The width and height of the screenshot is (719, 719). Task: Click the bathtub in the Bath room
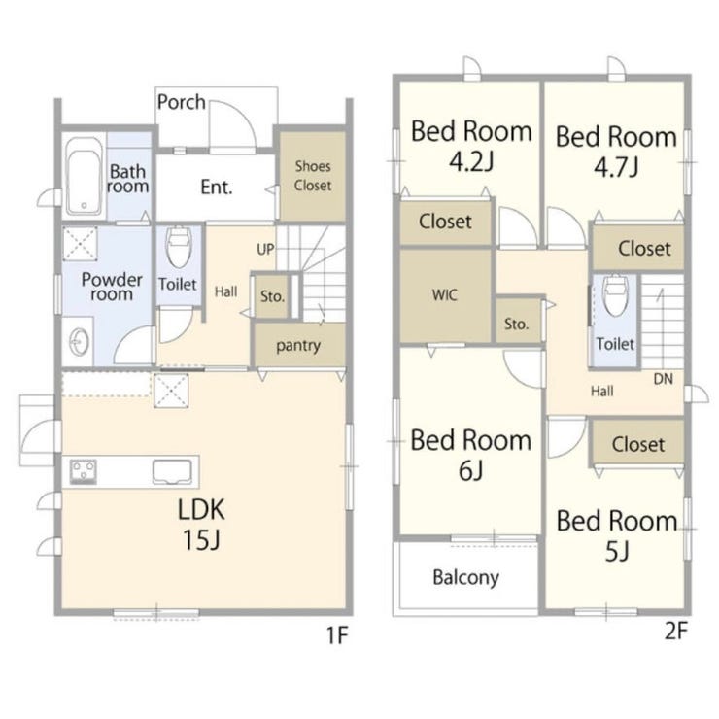(84, 176)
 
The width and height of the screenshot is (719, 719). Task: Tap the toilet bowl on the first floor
(179, 247)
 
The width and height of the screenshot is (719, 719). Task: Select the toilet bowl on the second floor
(614, 295)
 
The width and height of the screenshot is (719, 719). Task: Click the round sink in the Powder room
(79, 342)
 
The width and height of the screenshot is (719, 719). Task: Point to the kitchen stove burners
(83, 471)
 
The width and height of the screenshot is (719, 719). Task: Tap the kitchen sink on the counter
(172, 472)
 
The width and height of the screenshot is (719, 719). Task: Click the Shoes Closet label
(313, 176)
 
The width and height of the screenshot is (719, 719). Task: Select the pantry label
(298, 346)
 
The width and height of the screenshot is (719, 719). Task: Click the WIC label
(444, 294)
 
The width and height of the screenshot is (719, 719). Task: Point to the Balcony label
(465, 578)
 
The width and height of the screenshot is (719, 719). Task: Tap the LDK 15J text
(201, 524)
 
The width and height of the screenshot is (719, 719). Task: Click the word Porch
(181, 102)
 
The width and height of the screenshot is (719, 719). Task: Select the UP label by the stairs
(265, 250)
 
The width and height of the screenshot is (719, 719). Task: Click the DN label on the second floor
(663, 379)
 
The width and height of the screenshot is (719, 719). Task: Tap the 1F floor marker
(337, 635)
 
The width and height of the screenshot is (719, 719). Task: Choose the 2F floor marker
(676, 631)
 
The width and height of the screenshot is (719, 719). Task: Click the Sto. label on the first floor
(272, 296)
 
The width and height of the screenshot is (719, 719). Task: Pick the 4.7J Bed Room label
(616, 152)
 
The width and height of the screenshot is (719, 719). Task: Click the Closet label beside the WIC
(445, 222)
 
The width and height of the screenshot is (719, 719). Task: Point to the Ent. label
(217, 188)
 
